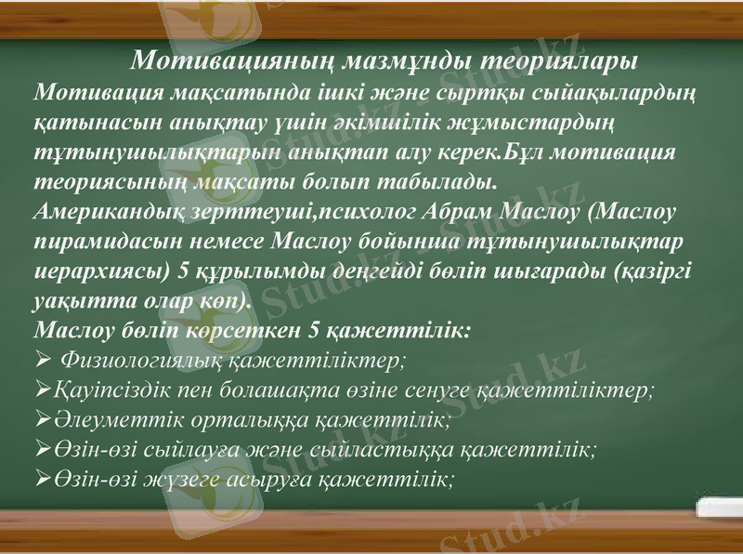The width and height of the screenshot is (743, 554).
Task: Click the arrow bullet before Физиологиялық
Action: [x=41, y=360]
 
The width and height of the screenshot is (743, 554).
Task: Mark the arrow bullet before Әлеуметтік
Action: [x=41, y=420]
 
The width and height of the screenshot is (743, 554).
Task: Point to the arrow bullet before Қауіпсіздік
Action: [x=41, y=390]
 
